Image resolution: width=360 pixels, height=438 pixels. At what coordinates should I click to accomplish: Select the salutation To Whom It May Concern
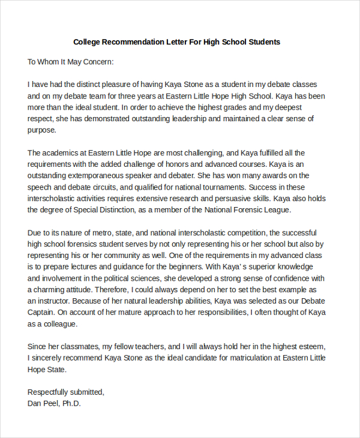tap(71, 61)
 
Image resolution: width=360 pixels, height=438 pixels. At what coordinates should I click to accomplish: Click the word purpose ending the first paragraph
tap(41, 130)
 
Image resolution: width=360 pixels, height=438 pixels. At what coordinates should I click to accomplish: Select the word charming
tap(56, 289)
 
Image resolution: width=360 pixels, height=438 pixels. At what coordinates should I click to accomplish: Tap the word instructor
tap(55, 301)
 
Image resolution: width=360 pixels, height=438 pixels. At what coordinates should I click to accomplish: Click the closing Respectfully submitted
tap(66, 392)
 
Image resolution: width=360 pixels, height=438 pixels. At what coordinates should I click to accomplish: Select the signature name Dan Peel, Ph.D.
tap(54, 403)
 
